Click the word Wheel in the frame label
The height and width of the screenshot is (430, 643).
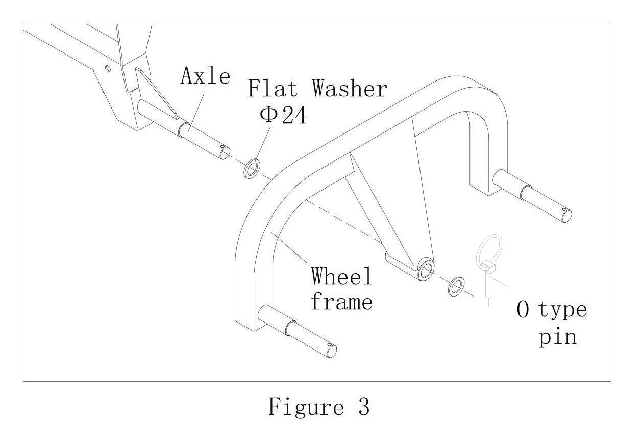342,277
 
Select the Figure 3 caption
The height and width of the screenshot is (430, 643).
318,408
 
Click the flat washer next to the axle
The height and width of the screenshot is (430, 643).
252,169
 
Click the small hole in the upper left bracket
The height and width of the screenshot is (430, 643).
108,68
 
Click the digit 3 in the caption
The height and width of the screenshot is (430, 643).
362,408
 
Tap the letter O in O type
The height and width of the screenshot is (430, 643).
524,311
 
